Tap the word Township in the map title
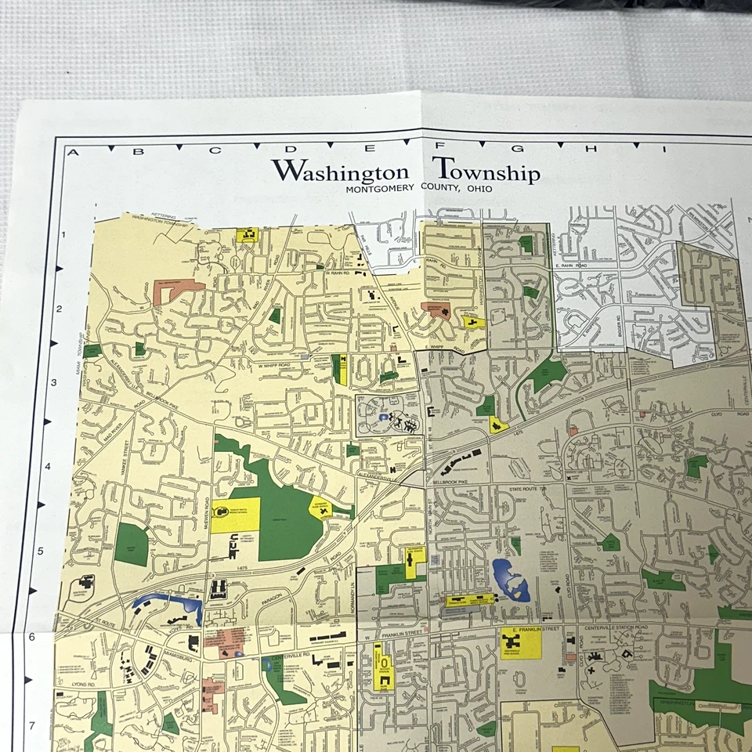486,170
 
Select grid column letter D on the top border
289,150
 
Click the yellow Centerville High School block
521,644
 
